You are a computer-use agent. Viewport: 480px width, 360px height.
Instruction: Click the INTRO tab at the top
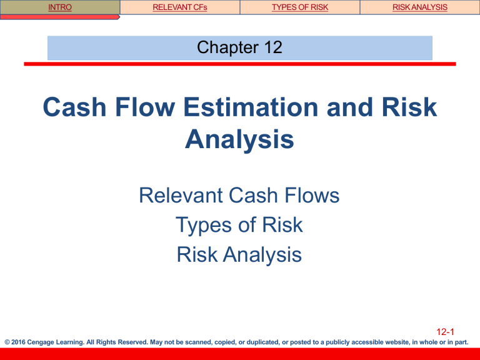[60, 7]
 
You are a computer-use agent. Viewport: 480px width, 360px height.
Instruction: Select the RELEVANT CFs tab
[179, 7]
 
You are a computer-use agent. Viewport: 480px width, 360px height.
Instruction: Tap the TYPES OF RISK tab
[299, 7]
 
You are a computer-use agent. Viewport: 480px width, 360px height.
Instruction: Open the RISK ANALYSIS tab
[419, 7]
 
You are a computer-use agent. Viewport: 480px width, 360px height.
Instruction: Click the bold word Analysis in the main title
[240, 139]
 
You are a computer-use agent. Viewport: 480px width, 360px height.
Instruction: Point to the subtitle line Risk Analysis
[240, 254]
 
